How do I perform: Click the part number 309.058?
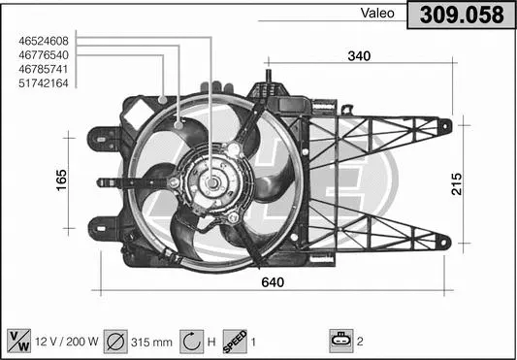(x=462, y=16)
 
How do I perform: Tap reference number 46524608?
(x=43, y=41)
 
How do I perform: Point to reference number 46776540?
(x=43, y=55)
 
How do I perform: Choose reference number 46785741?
(x=43, y=69)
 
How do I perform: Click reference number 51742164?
(x=43, y=83)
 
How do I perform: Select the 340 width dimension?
(x=359, y=56)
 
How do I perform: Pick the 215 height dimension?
(x=456, y=182)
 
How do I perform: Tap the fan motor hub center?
(x=211, y=181)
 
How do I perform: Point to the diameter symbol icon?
(x=114, y=341)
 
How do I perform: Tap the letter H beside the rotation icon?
(x=212, y=342)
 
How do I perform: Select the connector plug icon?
(x=341, y=341)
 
